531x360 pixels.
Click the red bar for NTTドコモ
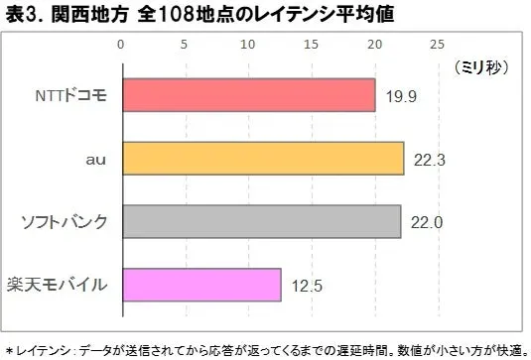coord(248,96)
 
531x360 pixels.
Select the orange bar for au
coord(262,159)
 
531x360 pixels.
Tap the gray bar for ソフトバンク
coord(260,222)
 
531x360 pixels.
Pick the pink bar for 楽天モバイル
coord(200,286)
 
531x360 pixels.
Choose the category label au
coord(96,159)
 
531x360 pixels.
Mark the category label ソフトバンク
coord(64,222)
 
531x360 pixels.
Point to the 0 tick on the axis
coord(121,44)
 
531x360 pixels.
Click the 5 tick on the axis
coord(185,44)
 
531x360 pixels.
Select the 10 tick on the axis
coord(248,44)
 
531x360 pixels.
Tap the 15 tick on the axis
coord(311,44)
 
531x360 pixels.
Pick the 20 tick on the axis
coord(374,44)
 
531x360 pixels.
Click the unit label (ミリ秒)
coord(480,67)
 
